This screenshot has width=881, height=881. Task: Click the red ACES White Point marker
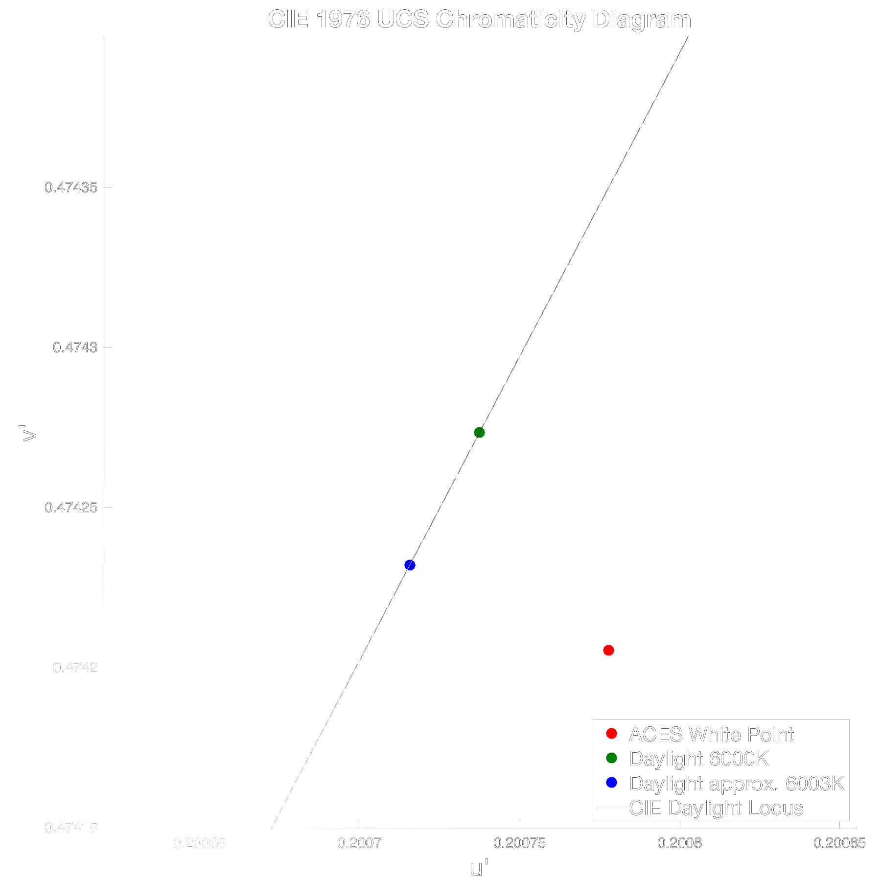[608, 650]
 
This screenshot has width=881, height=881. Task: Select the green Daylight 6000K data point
[479, 432]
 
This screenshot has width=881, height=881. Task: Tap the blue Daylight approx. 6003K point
[410, 565]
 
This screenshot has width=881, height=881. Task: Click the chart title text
[479, 20]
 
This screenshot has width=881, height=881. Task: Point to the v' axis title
[29, 433]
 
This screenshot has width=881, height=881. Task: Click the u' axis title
[479, 868]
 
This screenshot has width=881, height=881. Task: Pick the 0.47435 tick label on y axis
[71, 187]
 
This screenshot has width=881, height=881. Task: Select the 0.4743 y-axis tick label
[75, 348]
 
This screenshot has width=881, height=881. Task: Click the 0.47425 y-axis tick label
[71, 507]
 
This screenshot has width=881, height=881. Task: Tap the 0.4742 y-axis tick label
[75, 667]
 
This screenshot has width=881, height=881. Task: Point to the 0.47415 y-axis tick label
[71, 828]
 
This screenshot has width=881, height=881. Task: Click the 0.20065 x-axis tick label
[200, 843]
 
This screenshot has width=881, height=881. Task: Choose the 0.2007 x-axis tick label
[359, 843]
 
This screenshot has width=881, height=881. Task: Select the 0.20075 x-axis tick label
[519, 843]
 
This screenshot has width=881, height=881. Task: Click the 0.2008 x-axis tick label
[679, 843]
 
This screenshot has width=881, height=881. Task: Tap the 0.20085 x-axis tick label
[839, 843]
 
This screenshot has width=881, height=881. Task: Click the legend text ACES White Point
[711, 734]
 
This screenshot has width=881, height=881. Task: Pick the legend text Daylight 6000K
[699, 759]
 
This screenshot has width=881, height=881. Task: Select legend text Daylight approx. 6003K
[737, 784]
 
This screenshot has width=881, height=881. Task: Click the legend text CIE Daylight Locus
[716, 808]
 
